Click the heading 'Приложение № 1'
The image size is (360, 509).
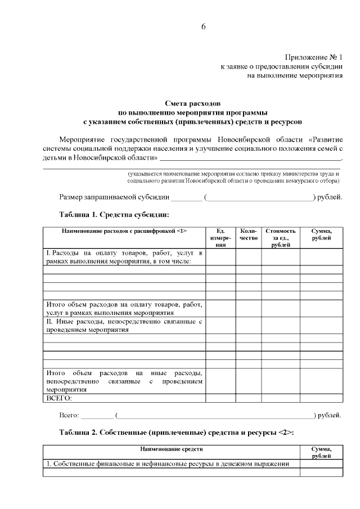coord(313,57)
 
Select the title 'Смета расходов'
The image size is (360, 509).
coord(193,103)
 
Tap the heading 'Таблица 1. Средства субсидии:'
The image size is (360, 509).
coord(114,214)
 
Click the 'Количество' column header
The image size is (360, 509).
coord(248,235)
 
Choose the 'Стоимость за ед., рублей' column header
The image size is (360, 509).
coord(280,238)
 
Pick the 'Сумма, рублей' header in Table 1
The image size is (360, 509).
coord(321,235)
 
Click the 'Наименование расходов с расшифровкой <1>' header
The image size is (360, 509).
coord(124,231)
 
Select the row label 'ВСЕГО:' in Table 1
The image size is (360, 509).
coord(59,398)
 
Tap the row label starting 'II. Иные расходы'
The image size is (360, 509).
coord(124,326)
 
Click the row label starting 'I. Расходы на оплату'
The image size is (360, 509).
coord(124,257)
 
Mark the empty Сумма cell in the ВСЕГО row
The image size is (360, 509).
coord(321,398)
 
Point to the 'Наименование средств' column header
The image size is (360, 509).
coord(172,449)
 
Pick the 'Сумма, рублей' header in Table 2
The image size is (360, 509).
coord(321,453)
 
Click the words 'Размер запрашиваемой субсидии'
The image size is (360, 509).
coord(114,197)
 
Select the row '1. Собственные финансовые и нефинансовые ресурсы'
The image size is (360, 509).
coord(168,464)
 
